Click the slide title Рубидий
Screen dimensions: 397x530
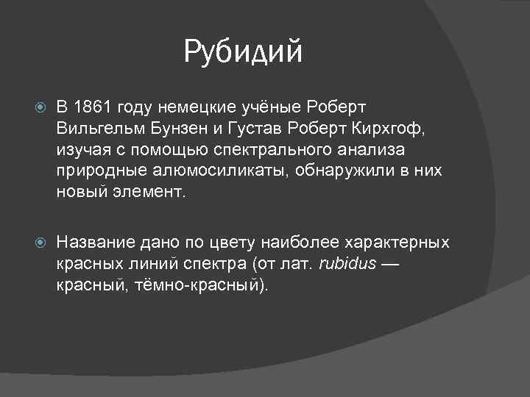point(244,51)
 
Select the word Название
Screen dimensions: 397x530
point(92,243)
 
